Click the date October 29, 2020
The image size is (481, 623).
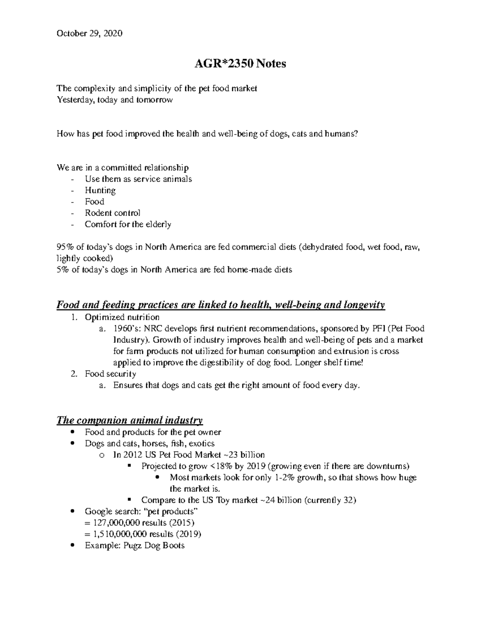[x=89, y=33]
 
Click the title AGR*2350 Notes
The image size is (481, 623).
[x=240, y=63]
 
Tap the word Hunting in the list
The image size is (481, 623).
[x=100, y=191]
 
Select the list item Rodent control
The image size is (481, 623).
[x=112, y=213]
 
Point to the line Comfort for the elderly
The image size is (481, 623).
[x=128, y=224]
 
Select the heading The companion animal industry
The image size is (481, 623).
[x=129, y=420]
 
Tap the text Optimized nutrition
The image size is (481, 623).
[x=122, y=317]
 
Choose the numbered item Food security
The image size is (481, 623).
[x=110, y=374]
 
